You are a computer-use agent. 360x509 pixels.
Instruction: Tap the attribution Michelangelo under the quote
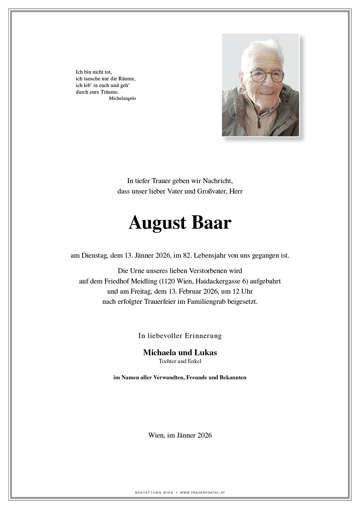(122, 98)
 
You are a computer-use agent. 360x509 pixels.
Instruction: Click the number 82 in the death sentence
(186, 256)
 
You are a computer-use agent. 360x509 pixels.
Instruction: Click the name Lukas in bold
(206, 353)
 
